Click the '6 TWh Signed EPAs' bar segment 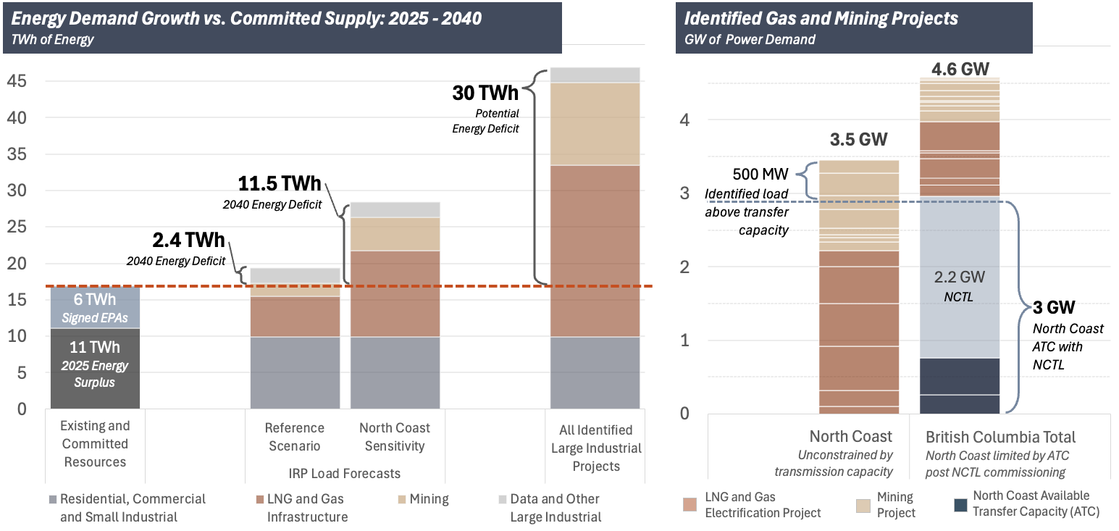[95, 308]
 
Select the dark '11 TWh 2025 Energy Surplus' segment [95, 369]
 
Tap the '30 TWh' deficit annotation [485, 93]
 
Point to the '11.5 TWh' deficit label [280, 183]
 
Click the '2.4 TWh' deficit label [188, 240]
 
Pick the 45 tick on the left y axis [17, 81]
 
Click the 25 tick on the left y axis [17, 227]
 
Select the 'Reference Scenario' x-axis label [294, 437]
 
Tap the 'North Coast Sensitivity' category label [395, 437]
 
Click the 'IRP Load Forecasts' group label [344, 473]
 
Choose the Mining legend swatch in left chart [402, 499]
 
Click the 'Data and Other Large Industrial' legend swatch [503, 499]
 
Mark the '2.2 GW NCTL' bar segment [960, 280]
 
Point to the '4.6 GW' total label [960, 69]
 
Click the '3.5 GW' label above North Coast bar [859, 139]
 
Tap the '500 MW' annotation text [760, 174]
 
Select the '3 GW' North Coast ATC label [1054, 307]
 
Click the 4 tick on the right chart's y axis [684, 120]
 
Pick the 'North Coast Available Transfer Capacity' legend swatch [960, 505]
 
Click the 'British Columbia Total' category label [1000, 437]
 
